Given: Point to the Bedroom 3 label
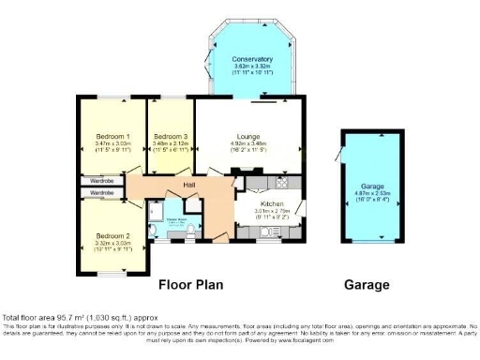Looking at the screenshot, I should (x=171, y=136).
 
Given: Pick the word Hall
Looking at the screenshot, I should (x=188, y=186).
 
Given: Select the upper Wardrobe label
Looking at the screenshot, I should (x=103, y=180).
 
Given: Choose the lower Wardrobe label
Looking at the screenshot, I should (x=103, y=193).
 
